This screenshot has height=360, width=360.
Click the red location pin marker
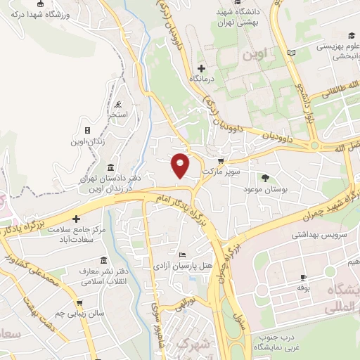181,165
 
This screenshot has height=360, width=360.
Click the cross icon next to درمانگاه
202,68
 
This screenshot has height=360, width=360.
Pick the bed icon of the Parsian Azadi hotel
183,254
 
